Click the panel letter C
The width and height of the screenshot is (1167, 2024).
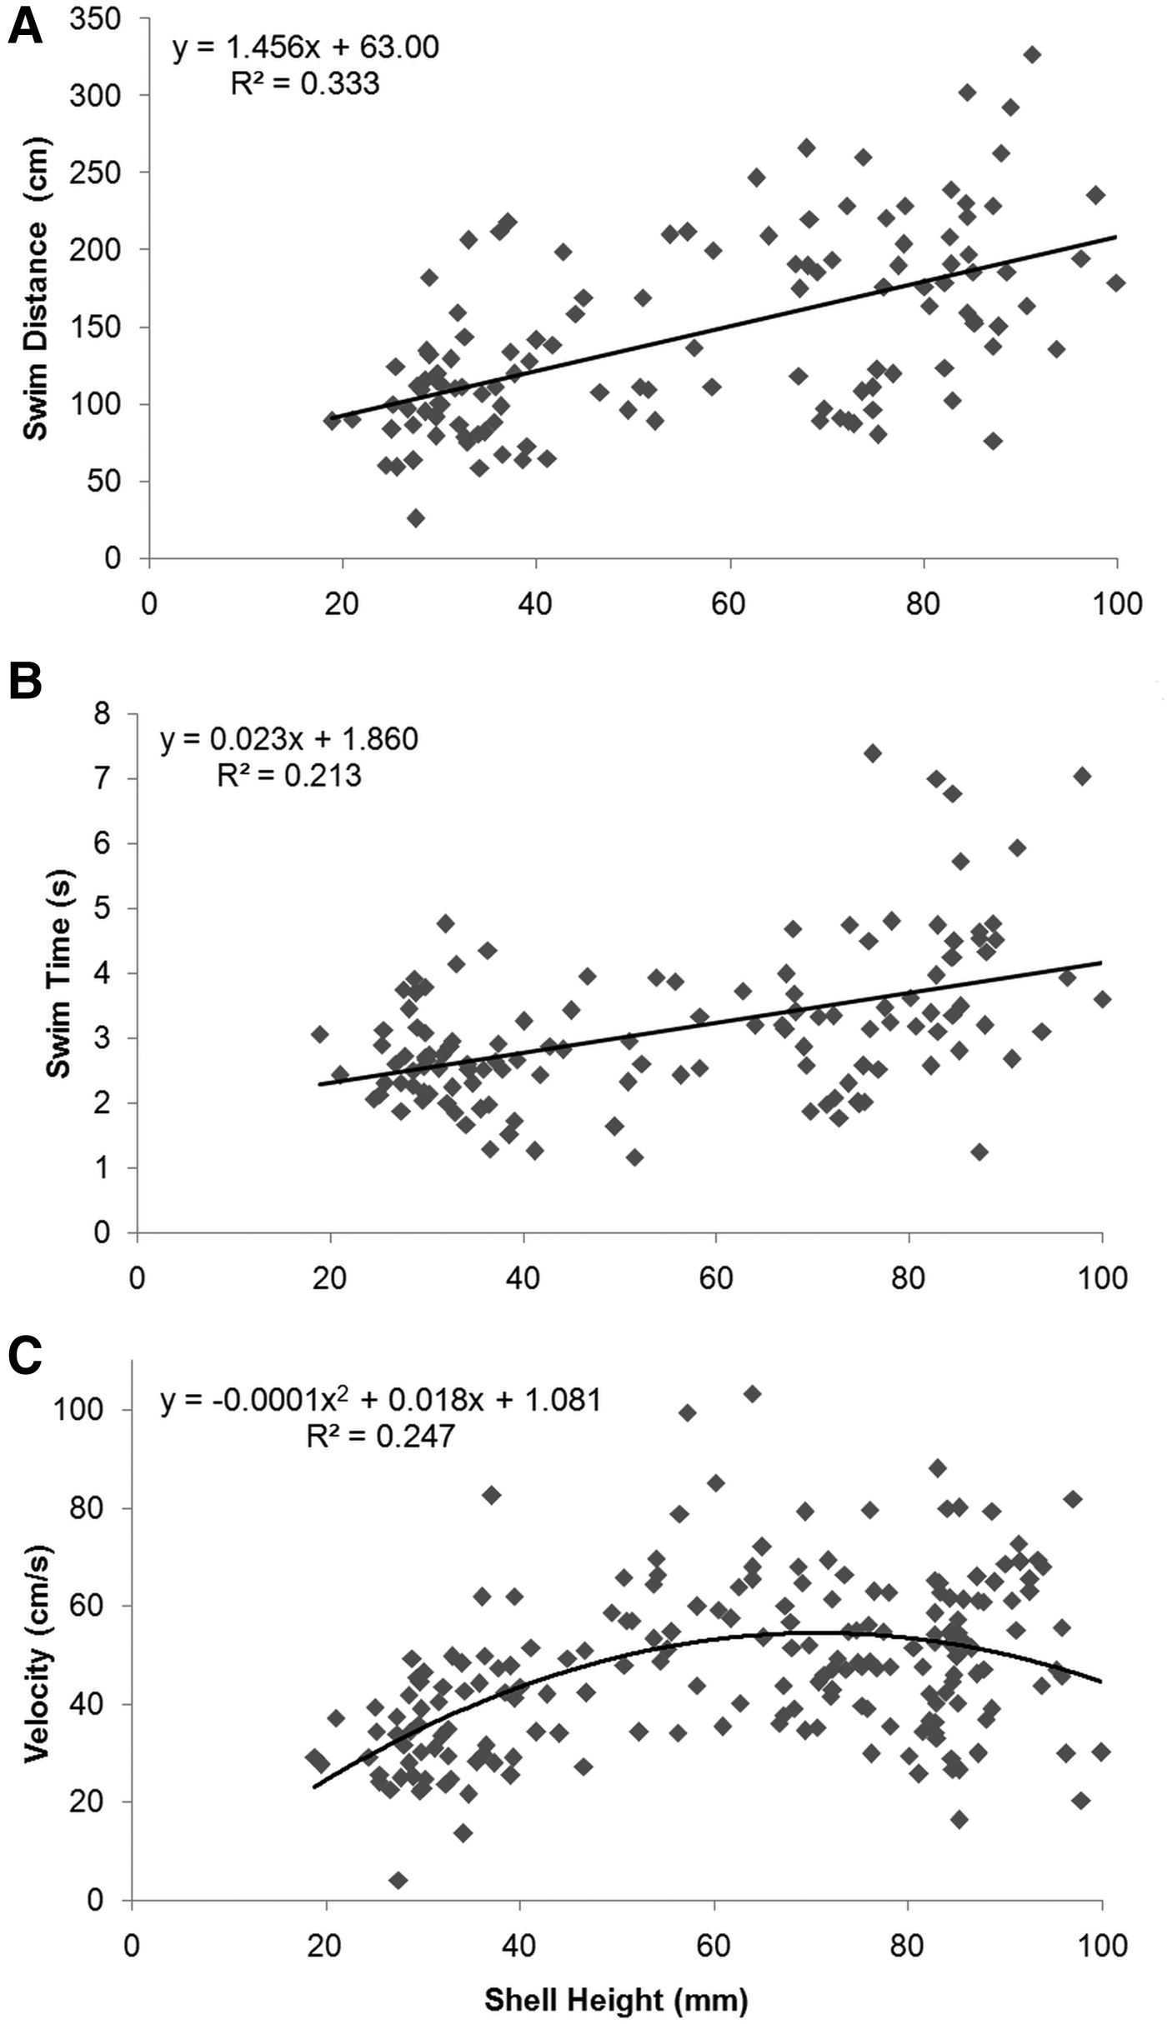[x=24, y=1357]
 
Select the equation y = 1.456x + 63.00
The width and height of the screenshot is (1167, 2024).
[x=306, y=47]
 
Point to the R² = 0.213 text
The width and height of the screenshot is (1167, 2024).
[x=289, y=776]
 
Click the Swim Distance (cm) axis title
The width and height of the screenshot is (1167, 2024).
[x=35, y=288]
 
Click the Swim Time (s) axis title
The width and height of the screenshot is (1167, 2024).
[x=58, y=973]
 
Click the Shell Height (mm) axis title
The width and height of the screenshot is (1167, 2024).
[x=616, y=2000]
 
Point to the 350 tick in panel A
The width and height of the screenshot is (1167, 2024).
[x=95, y=18]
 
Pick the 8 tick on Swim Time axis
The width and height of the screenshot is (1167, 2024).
[x=103, y=714]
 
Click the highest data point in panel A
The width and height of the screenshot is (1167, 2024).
[x=1032, y=55]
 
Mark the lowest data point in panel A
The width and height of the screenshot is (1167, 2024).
[x=415, y=518]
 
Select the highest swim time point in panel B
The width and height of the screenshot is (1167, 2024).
[x=873, y=753]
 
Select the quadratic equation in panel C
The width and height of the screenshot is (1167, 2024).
[x=381, y=1400]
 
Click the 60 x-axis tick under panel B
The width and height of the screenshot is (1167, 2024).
[x=715, y=1277]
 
